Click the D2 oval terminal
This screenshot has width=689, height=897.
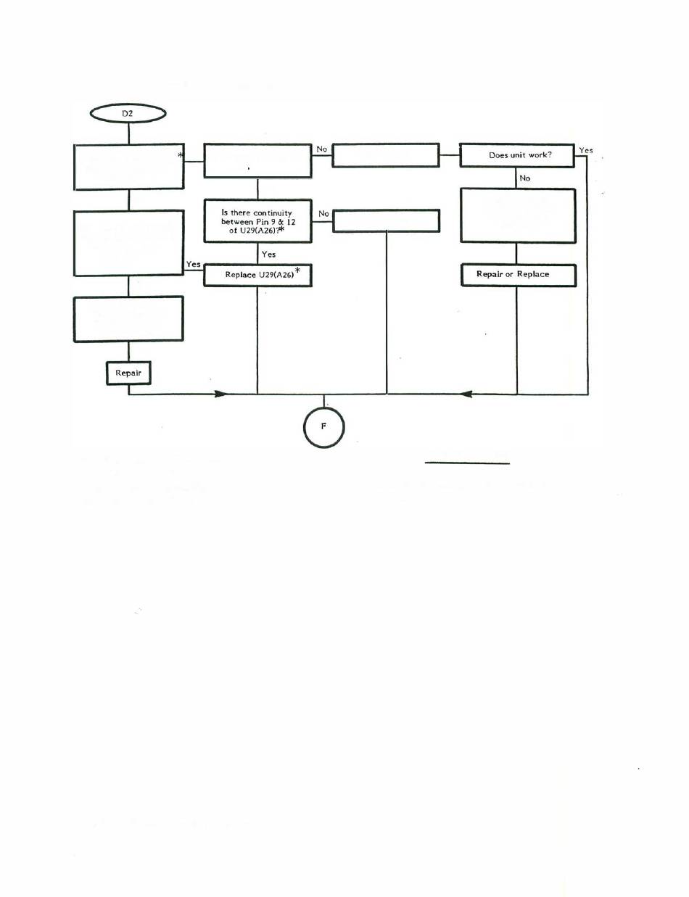coord(128,113)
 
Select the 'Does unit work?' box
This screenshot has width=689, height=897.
coord(516,155)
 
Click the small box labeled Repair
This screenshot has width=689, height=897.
coord(128,373)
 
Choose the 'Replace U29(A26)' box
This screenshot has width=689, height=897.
coord(257,276)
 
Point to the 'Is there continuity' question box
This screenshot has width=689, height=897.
coord(257,220)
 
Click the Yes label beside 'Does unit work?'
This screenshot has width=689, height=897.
coord(585,151)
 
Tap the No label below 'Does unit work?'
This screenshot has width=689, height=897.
coord(524,177)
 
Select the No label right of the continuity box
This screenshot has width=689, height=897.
coord(323,215)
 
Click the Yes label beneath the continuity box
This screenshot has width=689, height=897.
coord(268,255)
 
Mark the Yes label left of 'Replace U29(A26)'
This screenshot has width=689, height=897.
coord(193,265)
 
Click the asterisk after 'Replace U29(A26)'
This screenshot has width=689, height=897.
coord(297,272)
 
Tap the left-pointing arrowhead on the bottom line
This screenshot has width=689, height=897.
coord(467,394)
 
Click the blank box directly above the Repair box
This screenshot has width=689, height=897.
coord(128,318)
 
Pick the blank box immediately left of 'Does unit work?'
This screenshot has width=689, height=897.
coord(385,155)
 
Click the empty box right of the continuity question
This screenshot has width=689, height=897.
coord(385,220)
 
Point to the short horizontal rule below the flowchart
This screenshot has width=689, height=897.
coord(468,462)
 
